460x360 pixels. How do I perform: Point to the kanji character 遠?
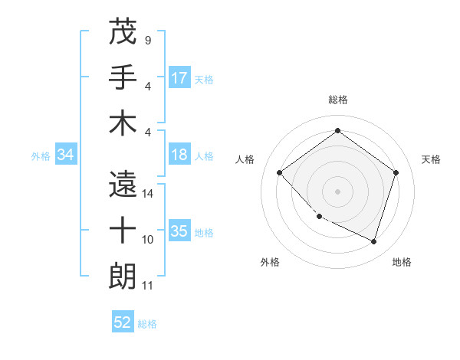(x=123, y=185)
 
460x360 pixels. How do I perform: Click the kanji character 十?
(x=123, y=231)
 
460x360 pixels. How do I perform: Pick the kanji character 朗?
(x=123, y=277)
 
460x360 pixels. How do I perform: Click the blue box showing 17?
(x=179, y=78)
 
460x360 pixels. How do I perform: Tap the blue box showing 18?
(x=179, y=155)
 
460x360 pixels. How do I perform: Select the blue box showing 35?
(x=179, y=231)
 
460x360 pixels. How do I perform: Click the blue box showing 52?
(x=123, y=322)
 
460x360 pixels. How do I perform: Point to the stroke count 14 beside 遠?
(x=148, y=194)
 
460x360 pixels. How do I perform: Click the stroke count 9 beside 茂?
(x=147, y=40)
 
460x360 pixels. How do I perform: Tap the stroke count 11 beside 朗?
(x=148, y=286)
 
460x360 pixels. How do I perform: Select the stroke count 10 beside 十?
(x=148, y=240)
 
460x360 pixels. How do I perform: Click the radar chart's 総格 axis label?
(x=337, y=100)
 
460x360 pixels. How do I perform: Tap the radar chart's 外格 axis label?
(x=270, y=262)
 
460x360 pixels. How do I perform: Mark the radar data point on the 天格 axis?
(x=396, y=172)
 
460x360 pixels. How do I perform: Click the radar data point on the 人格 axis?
(x=280, y=172)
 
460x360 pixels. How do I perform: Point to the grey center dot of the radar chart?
(x=337, y=191)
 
